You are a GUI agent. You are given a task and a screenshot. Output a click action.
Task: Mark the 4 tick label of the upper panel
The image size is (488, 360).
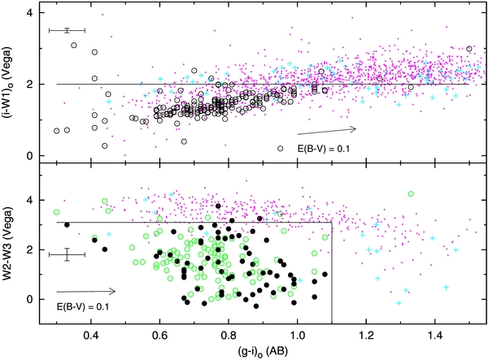coord(28,14)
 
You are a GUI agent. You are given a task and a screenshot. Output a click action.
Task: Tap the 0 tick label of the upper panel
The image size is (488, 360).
coord(28,156)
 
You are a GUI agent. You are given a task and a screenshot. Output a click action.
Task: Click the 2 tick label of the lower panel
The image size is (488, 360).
coord(28,249)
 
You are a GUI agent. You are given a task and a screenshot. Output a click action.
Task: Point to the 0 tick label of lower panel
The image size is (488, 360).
coord(28,299)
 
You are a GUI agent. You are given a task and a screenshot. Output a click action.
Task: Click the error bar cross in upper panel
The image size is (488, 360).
coord(67,30)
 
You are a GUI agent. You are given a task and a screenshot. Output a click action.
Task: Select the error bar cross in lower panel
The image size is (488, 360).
coord(67,254)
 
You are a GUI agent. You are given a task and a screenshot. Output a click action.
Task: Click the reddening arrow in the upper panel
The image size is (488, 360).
coord(326,129)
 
